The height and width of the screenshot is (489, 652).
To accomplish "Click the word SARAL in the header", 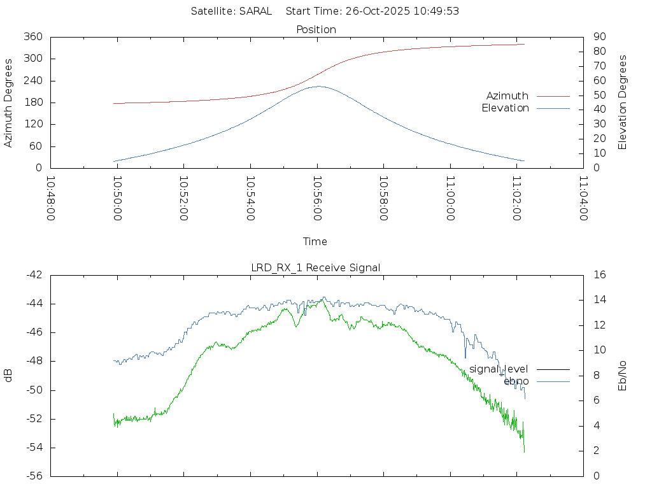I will pos(255,11).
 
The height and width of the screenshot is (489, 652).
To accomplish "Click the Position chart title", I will pos(316,29).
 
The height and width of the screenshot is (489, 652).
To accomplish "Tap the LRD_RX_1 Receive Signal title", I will pos(316,267).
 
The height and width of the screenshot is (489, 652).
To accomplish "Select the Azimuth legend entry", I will pos(507,96).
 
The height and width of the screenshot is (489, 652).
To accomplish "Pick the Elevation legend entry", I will pos(505,108).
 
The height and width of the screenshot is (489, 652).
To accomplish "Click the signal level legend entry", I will pos(499,369).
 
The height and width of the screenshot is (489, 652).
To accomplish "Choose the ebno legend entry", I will pos(516,381).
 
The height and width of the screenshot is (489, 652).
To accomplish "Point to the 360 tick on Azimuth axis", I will pos(34,37).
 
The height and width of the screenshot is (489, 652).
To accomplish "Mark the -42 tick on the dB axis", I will pos(34,274).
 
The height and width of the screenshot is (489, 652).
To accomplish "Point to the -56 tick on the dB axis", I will pos(34,476).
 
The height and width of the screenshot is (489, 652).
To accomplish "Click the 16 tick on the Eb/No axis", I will pos(600,274).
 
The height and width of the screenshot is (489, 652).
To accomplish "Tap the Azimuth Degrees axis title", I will pos(8,103).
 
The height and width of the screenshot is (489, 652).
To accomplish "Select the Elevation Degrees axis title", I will pos(623,102).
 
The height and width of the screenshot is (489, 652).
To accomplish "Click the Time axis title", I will pos(315,241).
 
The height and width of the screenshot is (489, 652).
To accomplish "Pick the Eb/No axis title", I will pos(623,375).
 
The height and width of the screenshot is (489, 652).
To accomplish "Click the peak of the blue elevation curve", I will pos(319,87).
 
